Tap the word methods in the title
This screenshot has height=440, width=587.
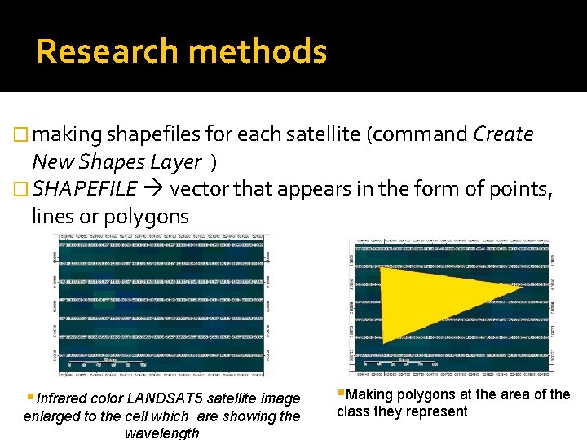click(257, 51)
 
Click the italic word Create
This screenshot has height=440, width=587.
click(503, 134)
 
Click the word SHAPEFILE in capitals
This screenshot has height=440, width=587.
click(85, 190)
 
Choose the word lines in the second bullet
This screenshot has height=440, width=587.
click(56, 217)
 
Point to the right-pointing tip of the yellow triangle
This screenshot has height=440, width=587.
click(520, 288)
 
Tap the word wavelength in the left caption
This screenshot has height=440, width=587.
click(161, 433)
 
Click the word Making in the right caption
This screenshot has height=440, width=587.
click(369, 394)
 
